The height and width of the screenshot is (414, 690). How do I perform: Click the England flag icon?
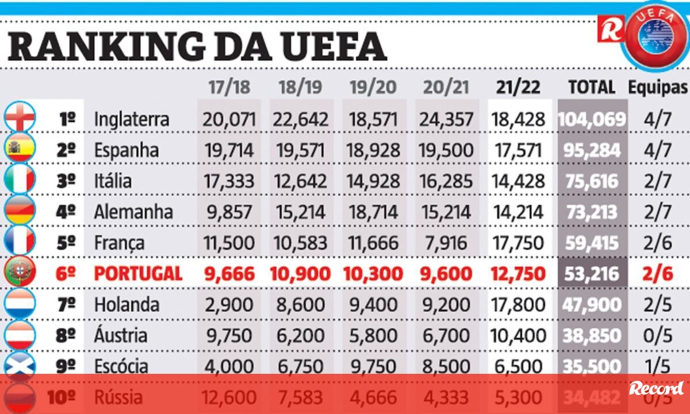click(20, 118)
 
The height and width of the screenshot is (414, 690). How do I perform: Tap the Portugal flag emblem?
click(20, 273)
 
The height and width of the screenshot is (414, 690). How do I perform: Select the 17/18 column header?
click(229, 87)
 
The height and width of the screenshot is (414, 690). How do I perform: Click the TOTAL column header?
click(591, 87)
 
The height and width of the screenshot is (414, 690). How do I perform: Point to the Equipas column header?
click(658, 87)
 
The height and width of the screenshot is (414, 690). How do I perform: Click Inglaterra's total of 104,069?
click(592, 119)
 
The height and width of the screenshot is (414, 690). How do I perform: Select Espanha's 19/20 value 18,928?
click(374, 150)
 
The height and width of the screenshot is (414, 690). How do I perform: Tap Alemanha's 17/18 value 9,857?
click(228, 212)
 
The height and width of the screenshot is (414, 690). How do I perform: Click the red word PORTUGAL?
click(138, 274)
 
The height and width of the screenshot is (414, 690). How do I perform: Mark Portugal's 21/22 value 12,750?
click(517, 274)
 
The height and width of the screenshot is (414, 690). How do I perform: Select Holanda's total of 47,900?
click(592, 304)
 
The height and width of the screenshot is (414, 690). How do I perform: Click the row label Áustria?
click(120, 335)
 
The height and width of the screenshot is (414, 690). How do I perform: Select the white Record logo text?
click(656, 389)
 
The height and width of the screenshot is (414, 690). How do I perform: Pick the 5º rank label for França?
click(67, 243)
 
